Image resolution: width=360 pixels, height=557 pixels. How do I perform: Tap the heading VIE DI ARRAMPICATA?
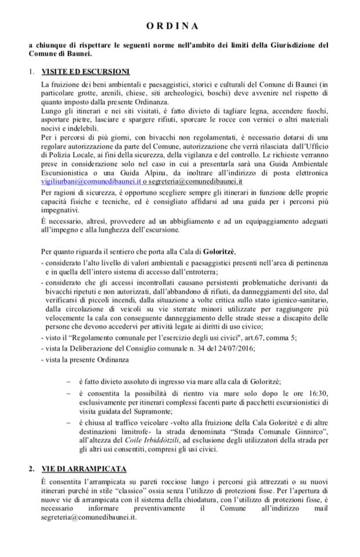tap(85, 468)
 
